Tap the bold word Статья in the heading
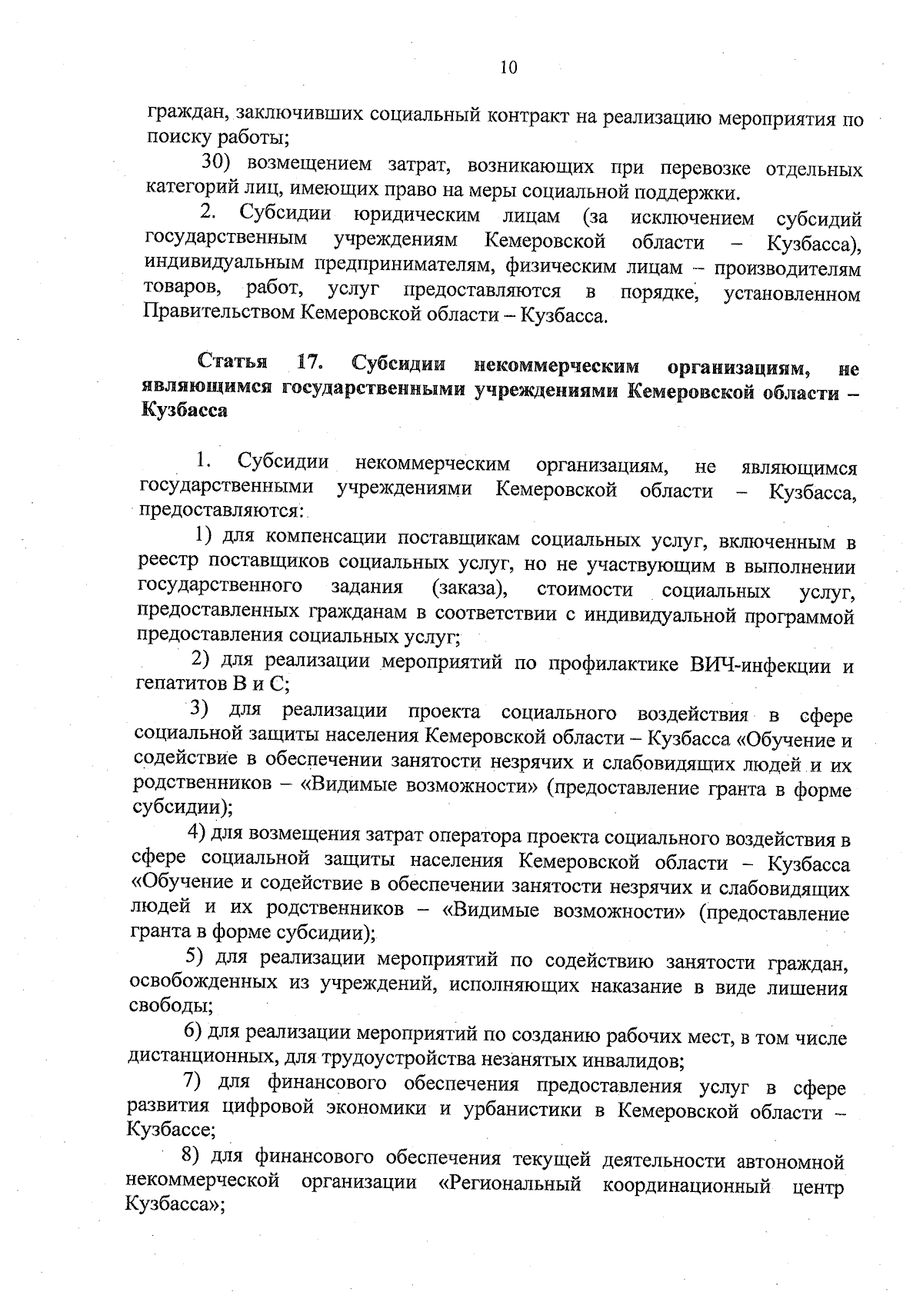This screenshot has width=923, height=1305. click(x=233, y=361)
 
